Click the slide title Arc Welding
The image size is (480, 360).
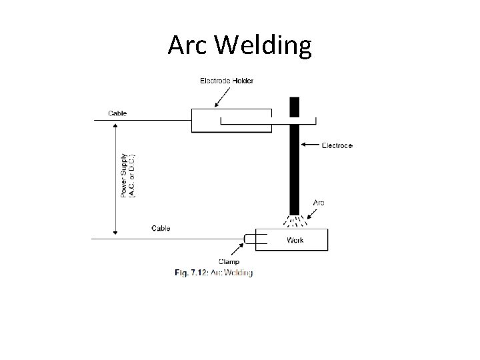pos(239,45)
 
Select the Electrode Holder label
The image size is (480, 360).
pos(227,81)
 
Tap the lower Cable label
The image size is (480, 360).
pos(161,229)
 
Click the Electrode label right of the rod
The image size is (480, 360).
pos(337,145)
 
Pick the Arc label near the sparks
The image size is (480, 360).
pos(319,203)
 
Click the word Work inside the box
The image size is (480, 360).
pos(295,240)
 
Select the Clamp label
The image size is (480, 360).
pos(229,261)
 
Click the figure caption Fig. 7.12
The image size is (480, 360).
pos(214,273)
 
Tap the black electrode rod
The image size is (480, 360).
pos(294,167)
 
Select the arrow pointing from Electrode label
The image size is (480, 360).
pos(310,144)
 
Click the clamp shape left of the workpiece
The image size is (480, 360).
pos(249,239)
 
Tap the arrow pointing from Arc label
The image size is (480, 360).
pos(311,212)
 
